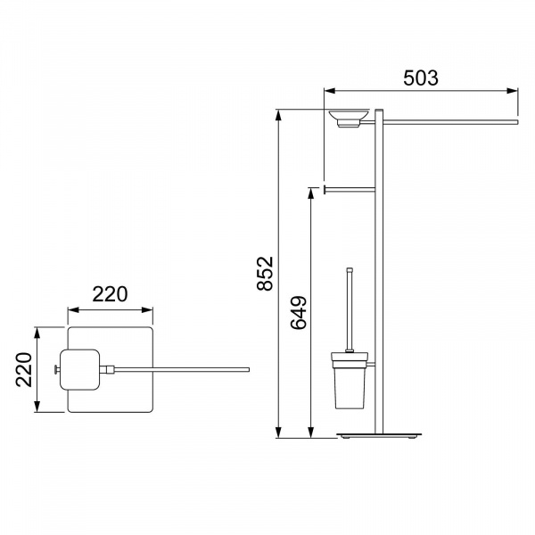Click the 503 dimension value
(420, 78)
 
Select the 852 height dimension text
(265, 274)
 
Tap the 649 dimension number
(299, 313)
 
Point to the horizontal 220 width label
(110, 294)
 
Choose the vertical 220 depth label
(24, 369)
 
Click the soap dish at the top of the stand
(349, 118)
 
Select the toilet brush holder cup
(350, 381)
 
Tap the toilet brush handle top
(349, 269)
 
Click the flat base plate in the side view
(379, 435)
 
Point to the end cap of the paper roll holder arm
(325, 190)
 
